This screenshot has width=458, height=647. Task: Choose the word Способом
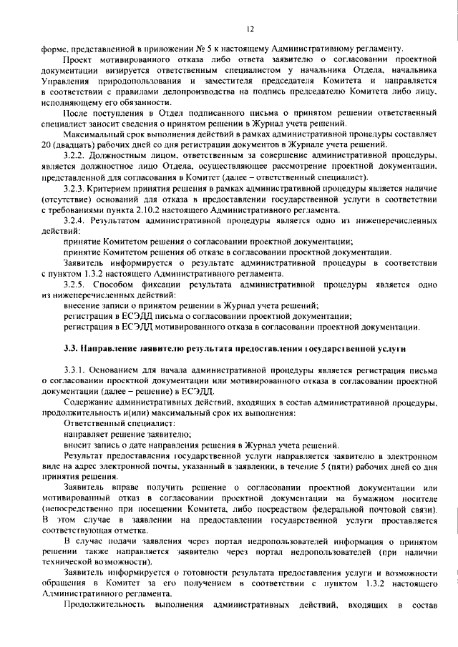pyautogui.click(x=122, y=284)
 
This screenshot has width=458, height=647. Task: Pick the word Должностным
pyautogui.click(x=132, y=155)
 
